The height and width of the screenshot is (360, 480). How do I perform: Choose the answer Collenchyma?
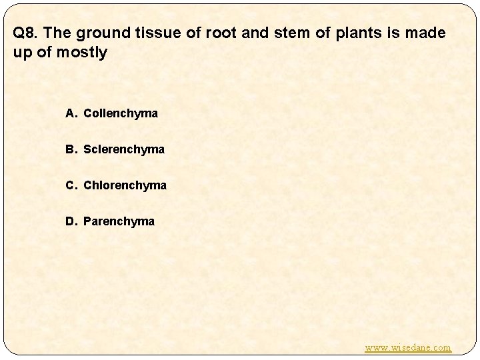point(121,113)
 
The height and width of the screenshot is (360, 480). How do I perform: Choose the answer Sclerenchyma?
point(123,149)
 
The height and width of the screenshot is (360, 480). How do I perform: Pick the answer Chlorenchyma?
point(125,185)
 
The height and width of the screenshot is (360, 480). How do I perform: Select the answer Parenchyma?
point(119,221)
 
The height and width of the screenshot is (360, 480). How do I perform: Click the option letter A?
point(70,113)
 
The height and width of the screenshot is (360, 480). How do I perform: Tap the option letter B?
point(70,149)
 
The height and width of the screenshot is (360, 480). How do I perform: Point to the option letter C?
point(70,185)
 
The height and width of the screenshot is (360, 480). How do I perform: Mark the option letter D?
point(70,221)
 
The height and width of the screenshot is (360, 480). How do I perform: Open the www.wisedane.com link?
point(408,347)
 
